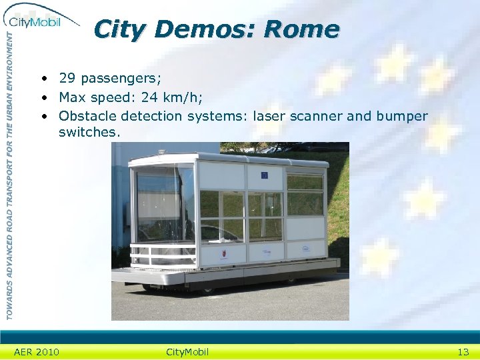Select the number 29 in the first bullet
66,78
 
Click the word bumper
402,117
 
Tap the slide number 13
463,352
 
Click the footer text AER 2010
37,352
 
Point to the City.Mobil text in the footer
187,352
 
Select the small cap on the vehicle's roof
164,153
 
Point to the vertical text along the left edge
9,173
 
